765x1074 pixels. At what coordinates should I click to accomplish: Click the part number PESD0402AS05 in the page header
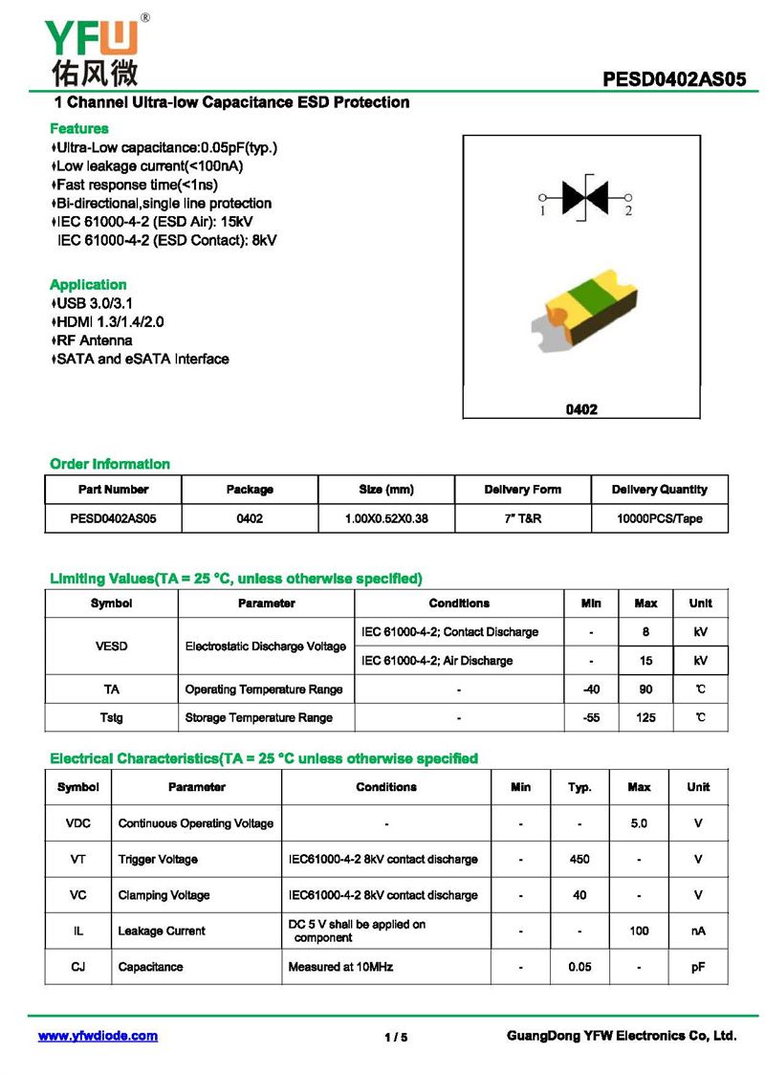click(674, 80)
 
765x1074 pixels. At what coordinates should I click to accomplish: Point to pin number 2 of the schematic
click(628, 210)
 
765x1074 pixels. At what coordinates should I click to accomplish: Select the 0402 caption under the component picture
click(581, 409)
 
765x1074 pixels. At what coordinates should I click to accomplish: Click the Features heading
click(78, 128)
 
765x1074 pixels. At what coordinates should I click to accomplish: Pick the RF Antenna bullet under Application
click(94, 340)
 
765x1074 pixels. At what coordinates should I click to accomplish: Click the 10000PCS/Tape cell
click(659, 518)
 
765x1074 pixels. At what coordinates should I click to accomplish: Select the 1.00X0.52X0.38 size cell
click(386, 518)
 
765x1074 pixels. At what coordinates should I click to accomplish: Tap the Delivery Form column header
click(522, 490)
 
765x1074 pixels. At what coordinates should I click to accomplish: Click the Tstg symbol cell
click(111, 717)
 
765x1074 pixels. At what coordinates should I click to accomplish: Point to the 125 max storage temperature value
click(645, 717)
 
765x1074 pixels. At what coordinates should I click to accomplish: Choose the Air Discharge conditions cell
click(436, 661)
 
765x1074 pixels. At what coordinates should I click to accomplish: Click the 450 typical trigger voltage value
click(579, 859)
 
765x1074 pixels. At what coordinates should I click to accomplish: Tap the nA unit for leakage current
click(698, 931)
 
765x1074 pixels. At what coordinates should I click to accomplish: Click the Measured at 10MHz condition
click(339, 967)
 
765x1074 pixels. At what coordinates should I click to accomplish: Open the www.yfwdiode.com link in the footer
click(98, 1036)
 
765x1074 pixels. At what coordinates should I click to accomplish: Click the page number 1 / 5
click(395, 1038)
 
